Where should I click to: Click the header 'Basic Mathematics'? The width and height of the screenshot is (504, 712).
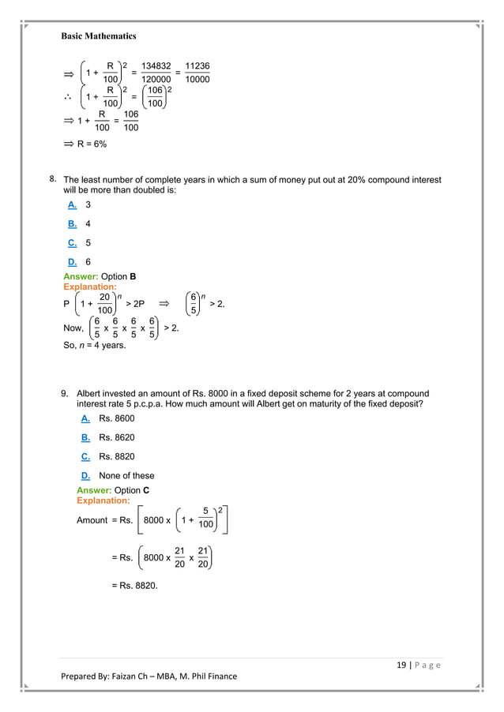99,36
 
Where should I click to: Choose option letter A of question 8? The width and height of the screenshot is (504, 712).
72,204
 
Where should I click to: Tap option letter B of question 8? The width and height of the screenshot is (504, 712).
72,223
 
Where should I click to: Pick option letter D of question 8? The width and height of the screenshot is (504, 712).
72,262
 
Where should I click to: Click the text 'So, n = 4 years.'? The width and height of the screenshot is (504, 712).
94,344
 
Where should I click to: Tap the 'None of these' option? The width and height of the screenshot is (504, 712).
126,476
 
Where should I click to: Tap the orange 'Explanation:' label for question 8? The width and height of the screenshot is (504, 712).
90,287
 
